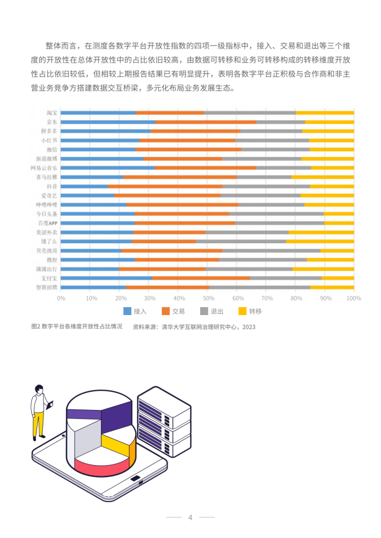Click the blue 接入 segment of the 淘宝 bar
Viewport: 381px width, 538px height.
click(x=98, y=113)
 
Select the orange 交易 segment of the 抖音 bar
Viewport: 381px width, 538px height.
click(x=165, y=186)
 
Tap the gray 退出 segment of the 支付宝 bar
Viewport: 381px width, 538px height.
click(x=285, y=278)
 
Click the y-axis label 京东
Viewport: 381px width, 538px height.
click(x=52, y=122)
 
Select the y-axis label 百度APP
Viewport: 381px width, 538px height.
click(x=47, y=223)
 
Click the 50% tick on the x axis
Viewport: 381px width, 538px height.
click(x=207, y=298)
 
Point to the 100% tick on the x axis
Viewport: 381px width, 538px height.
click(x=354, y=298)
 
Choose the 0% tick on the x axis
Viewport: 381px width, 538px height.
click(x=61, y=298)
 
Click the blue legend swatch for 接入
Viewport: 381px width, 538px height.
click(x=127, y=311)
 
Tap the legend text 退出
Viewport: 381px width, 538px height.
click(x=217, y=311)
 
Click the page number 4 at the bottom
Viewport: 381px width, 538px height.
click(x=190, y=517)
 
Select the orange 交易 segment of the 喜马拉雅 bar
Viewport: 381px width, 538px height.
click(x=180, y=177)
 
